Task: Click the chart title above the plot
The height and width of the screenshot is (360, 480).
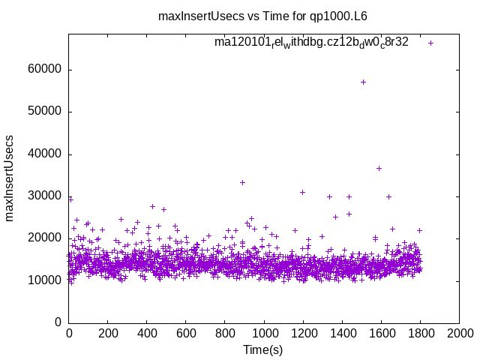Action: pos(262,15)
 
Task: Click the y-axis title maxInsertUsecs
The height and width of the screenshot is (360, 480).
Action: pos(10,178)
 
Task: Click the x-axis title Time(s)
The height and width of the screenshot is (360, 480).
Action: pos(262,349)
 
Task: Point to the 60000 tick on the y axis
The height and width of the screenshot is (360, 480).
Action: pos(44,70)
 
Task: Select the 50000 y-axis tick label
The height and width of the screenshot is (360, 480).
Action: pos(44,112)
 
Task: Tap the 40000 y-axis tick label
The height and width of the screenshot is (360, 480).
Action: pos(44,154)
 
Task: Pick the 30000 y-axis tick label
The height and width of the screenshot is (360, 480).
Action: pos(44,196)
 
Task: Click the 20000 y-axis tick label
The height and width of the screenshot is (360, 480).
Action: pos(44,238)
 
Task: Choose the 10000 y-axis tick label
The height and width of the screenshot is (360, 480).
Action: pos(44,280)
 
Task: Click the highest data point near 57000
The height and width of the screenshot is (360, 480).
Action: pos(363,82)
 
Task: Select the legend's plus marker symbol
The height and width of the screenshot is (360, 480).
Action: pos(430,43)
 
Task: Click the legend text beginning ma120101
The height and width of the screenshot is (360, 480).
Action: pos(311,43)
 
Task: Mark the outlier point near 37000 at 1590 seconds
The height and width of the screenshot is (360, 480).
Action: pos(379,168)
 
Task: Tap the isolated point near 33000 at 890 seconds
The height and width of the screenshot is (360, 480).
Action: pos(242,182)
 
